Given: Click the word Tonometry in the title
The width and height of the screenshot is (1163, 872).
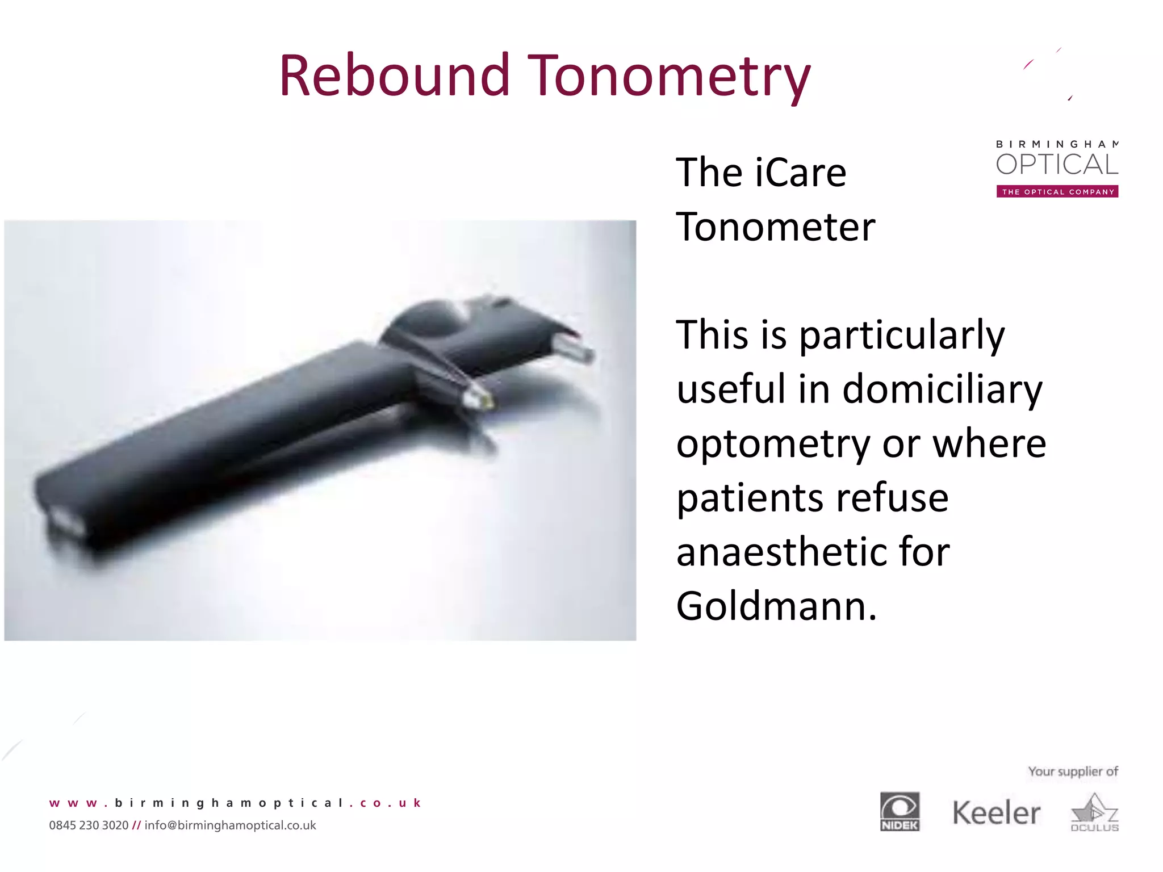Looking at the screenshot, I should (670, 77).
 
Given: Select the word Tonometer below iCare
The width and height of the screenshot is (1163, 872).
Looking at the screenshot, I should (776, 227).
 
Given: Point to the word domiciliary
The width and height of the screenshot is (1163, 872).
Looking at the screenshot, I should (943, 390).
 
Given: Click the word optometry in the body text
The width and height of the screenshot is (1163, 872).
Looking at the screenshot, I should (773, 445).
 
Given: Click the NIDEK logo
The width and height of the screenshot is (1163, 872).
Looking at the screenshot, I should (900, 811).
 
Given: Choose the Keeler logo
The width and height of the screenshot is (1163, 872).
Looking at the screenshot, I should (996, 813).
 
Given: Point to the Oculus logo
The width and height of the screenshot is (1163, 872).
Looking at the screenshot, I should (1094, 813).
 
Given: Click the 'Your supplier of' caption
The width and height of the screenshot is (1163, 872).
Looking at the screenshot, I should (1073, 772).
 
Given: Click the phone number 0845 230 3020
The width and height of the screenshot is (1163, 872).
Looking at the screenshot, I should (89, 825).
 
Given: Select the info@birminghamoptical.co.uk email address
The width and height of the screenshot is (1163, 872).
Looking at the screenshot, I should (230, 825).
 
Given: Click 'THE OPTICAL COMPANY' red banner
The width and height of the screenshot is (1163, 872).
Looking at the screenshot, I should (1057, 192).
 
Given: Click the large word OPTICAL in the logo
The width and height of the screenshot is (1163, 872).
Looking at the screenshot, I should (1057, 165).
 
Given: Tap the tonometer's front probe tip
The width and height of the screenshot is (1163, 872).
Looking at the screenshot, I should (480, 399).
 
